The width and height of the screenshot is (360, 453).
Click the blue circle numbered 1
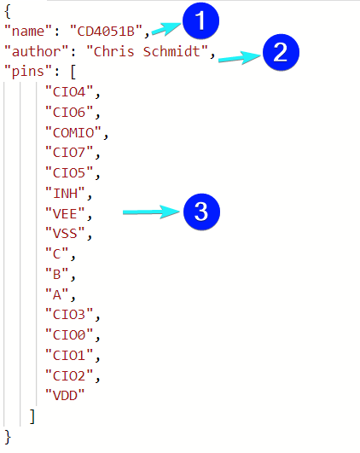coord(200,20)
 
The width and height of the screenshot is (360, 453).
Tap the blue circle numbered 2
coord(281,52)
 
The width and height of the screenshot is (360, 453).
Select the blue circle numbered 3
coord(201,212)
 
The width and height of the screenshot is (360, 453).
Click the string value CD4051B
coord(106,31)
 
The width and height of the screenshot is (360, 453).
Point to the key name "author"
coord(37,51)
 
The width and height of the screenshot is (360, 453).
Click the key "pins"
coord(28,72)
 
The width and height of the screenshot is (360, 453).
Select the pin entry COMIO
coord(73,132)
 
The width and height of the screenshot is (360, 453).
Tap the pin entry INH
coord(66,194)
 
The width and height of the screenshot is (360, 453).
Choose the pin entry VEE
coord(66,214)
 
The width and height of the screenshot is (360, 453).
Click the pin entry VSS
coord(66,234)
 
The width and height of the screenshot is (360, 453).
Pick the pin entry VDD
coord(66,396)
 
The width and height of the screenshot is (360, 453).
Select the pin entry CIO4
coord(69,92)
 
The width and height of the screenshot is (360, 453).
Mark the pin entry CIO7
coord(69,153)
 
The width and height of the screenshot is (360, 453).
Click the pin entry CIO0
coord(69,334)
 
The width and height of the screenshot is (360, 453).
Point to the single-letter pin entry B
coord(57,274)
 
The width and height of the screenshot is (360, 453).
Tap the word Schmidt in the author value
coord(171,51)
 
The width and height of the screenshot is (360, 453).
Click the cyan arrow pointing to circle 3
coord(151,212)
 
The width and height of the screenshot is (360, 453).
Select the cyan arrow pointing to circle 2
coord(240,58)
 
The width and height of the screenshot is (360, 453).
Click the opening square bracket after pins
coord(73,72)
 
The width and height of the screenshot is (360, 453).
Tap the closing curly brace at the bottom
coord(8,437)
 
